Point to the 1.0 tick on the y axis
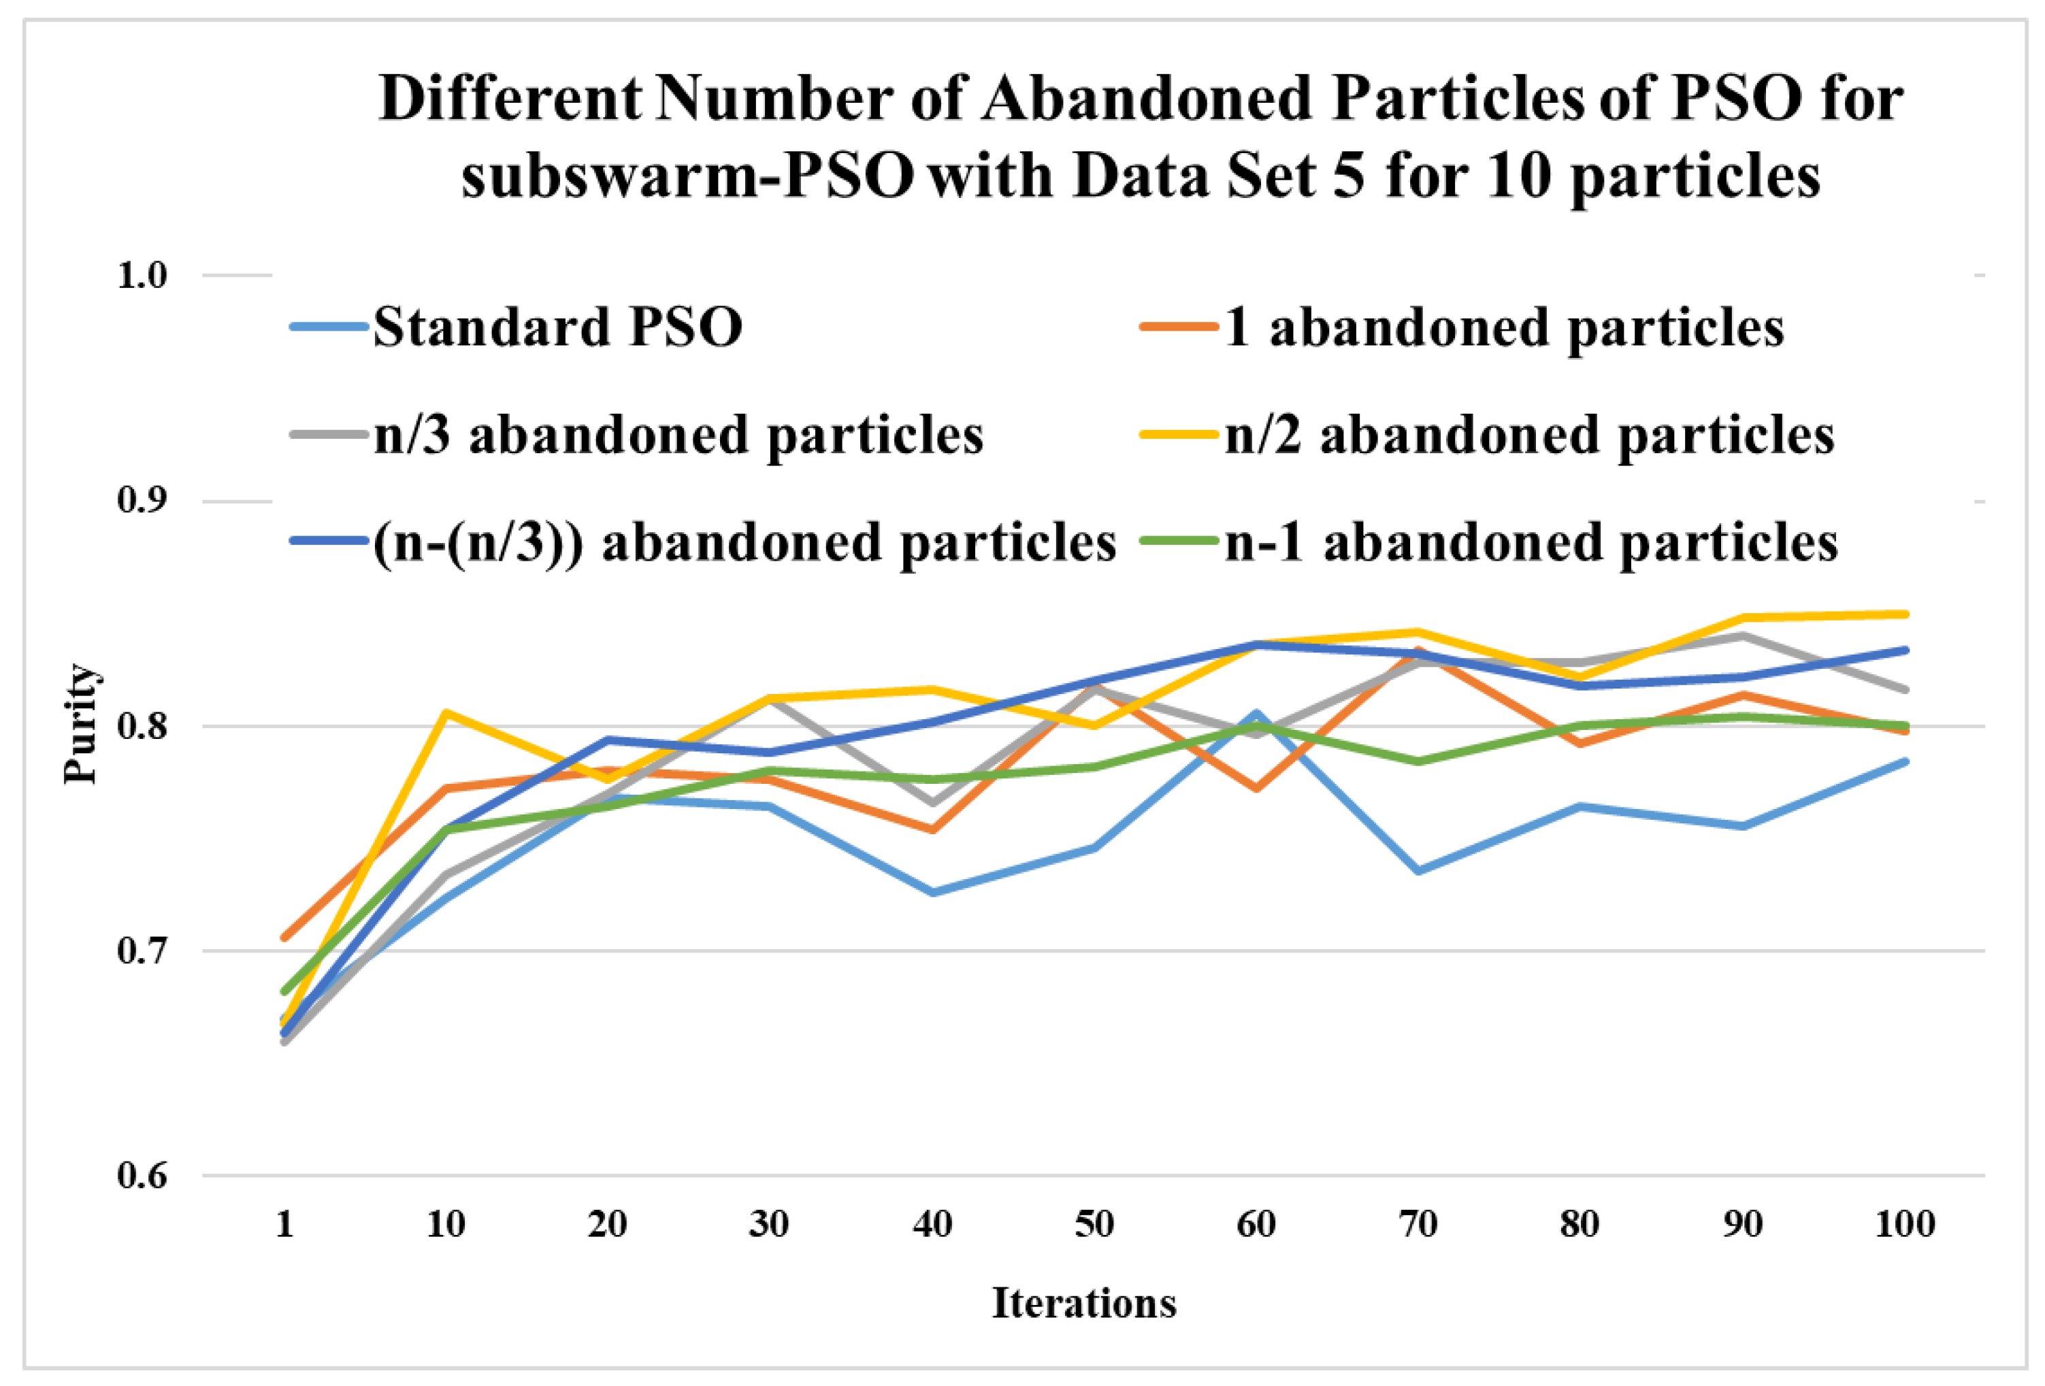142,276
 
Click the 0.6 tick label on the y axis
142,1176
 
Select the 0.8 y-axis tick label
142,727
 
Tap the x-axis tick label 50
1094,1224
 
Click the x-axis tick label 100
1904,1224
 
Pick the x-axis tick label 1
284,1224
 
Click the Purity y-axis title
81,723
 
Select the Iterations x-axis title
1084,1303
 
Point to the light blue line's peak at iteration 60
1256,713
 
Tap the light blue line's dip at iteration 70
1418,871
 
